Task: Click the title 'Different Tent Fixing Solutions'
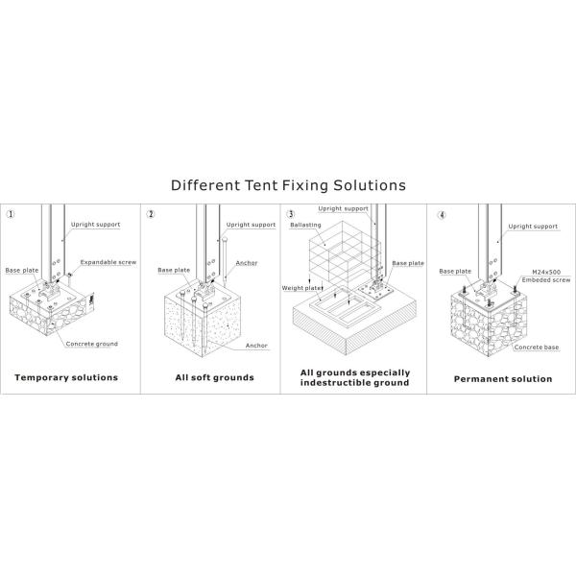point(288,183)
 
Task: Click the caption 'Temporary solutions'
point(66,377)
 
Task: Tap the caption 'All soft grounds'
point(214,377)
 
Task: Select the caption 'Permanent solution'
point(502,378)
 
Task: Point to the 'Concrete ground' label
point(93,343)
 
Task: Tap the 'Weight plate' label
point(300,288)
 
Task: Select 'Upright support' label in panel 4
point(533,227)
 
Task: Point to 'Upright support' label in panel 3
point(343,208)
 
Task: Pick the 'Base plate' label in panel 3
point(408,262)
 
